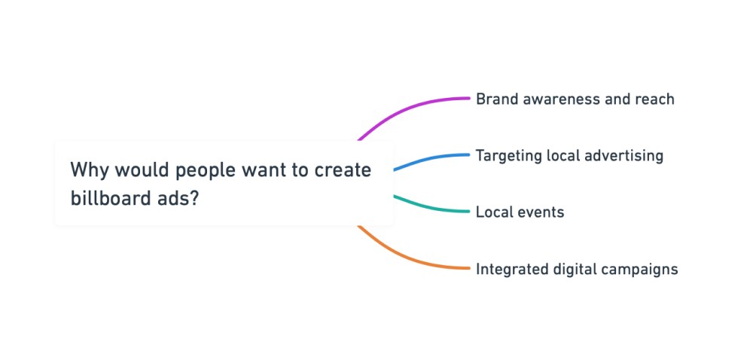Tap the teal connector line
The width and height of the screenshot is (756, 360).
coord(433,209)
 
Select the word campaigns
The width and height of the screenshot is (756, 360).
coord(641,269)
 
